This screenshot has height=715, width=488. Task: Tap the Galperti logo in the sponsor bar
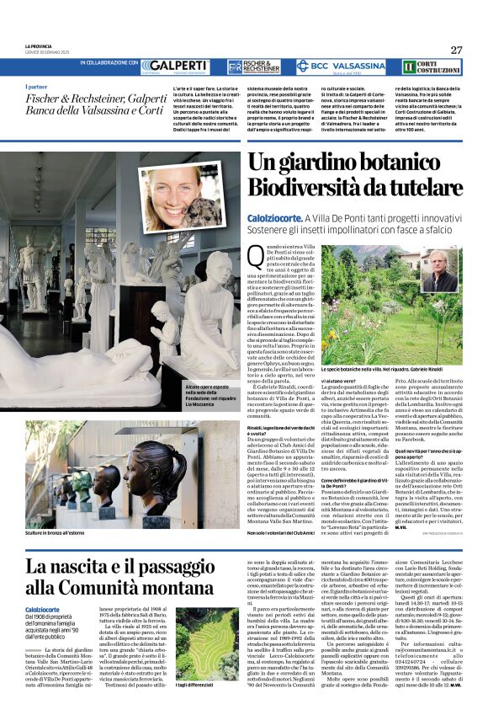tap(174, 66)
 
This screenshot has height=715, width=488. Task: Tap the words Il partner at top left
tap(37, 88)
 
